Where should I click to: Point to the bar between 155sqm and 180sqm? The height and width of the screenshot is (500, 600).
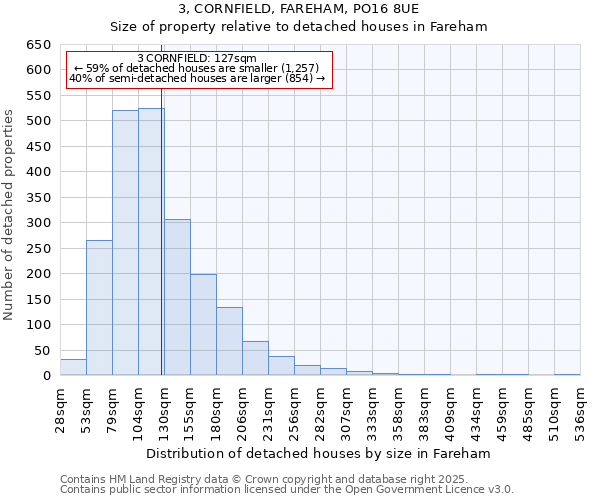coord(203,325)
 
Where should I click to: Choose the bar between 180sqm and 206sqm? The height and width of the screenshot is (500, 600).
coord(229,341)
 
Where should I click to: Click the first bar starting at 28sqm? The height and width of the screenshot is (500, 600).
coord(73,367)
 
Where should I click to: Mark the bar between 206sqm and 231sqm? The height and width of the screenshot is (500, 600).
coord(255,358)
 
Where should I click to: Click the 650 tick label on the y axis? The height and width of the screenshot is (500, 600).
coord(39,45)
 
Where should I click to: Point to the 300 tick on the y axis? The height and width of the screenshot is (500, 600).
coord(39,223)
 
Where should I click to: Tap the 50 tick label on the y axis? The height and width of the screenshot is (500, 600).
coord(43,351)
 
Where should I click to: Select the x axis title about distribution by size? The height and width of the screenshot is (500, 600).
coord(325,453)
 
